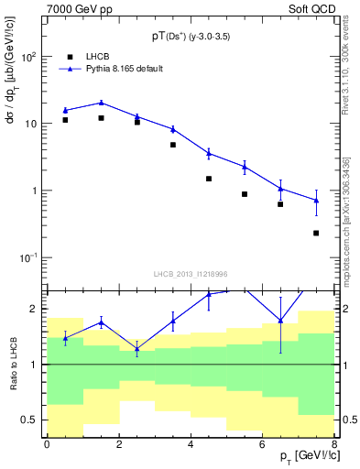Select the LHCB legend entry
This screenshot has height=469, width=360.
pos(86,56)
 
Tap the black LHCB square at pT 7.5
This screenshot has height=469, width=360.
pos(316,234)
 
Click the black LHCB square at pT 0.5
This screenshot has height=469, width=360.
pos(65,120)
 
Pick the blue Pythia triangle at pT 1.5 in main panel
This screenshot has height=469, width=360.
pos(101,103)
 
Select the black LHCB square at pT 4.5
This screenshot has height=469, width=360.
pos(209,179)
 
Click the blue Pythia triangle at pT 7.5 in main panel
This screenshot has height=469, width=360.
pos(316,200)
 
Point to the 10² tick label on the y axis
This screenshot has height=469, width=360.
pos(27,57)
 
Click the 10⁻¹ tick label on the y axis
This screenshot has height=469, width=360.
pos(27,258)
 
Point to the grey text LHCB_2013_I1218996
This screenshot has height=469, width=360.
pos(190,274)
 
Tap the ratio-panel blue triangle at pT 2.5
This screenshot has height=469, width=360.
pos(136,349)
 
